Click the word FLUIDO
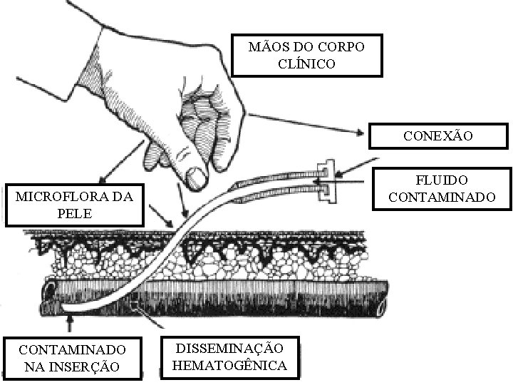point(438,180)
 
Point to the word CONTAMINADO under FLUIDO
point(442,196)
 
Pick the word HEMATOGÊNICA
point(229,366)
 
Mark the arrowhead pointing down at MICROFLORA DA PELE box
point(101,182)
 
